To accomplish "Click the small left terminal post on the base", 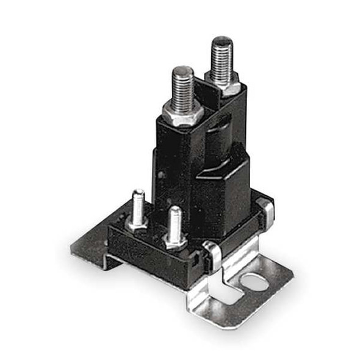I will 138,205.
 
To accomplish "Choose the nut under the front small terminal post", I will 176,240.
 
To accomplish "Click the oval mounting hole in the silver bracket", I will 253,282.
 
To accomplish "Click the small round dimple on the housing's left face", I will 160,175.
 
